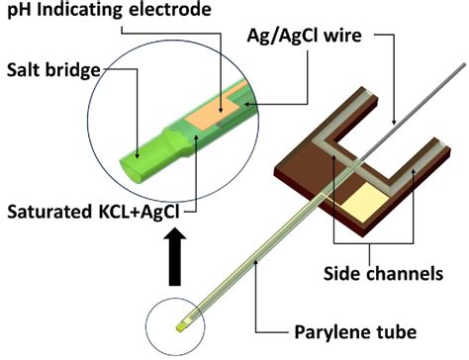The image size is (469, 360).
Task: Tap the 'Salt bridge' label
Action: click(49, 71)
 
